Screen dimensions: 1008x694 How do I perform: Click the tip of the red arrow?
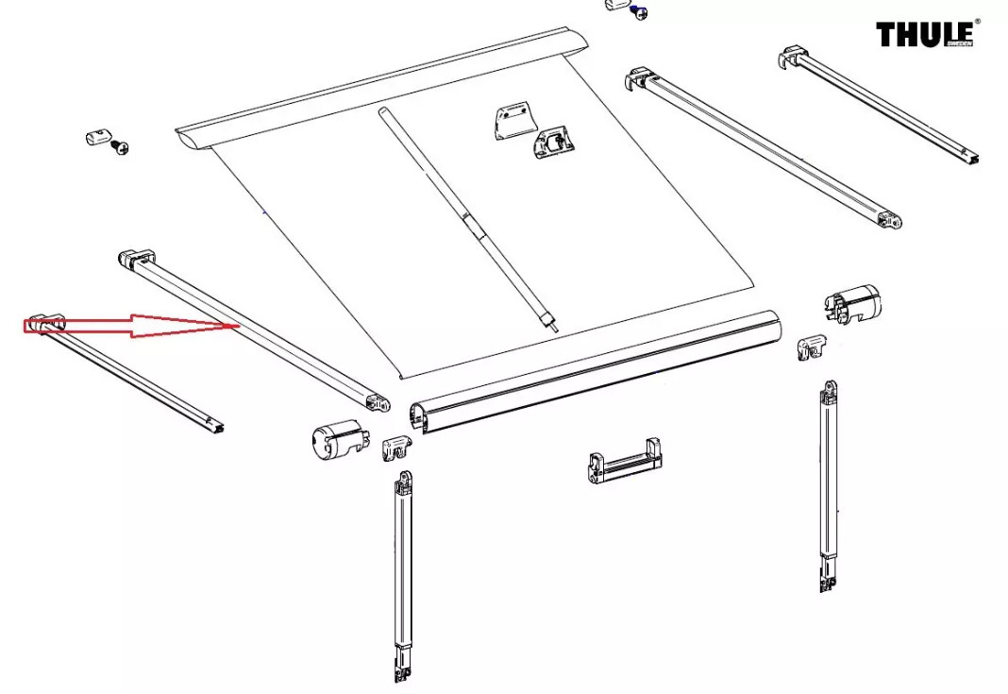point(239,326)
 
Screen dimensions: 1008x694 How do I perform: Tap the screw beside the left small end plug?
point(120,147)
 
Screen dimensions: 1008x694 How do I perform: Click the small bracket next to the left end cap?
point(396,447)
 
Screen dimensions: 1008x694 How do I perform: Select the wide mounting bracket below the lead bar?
point(626,461)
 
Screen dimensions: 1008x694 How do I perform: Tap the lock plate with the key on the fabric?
point(553,143)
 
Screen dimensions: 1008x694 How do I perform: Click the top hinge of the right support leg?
point(830,390)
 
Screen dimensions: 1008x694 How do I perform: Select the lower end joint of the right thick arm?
point(890,221)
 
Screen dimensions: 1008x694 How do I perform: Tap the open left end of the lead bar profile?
point(419,416)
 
